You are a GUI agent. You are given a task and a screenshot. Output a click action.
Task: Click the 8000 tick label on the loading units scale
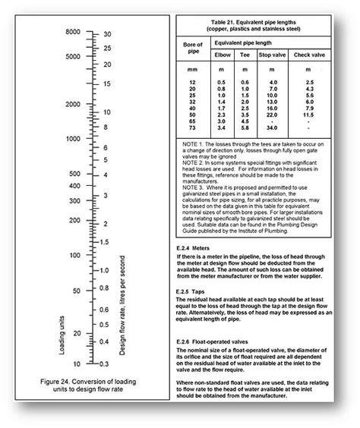(x=72, y=33)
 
